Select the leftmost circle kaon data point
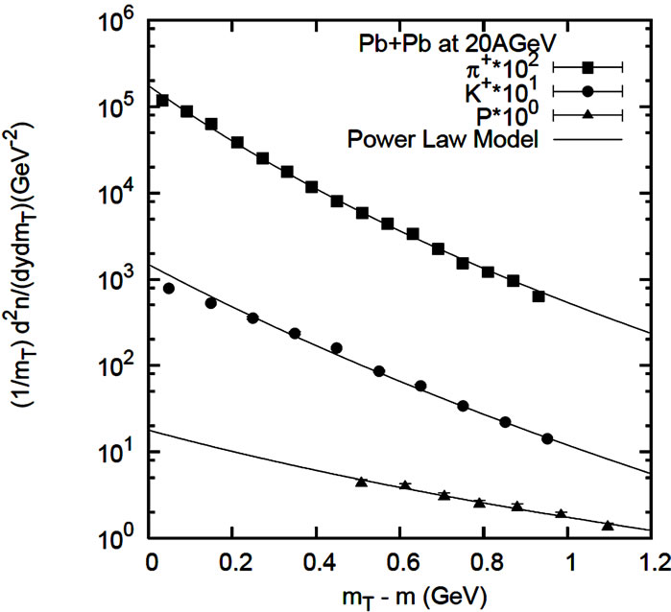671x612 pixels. [x=169, y=288]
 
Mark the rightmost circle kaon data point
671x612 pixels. [x=547, y=438]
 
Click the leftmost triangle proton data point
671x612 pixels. [x=361, y=481]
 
